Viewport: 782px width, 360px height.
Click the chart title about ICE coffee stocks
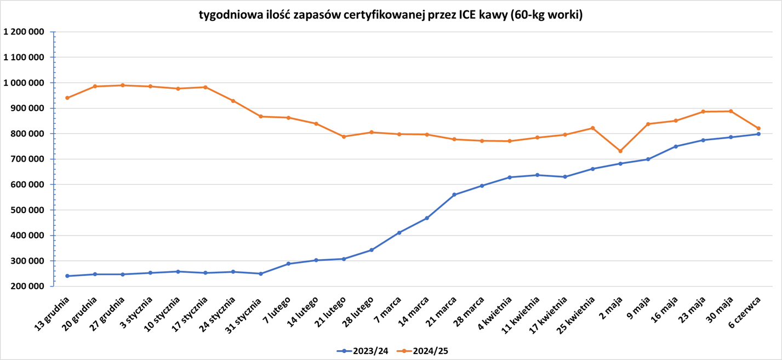coord(391,15)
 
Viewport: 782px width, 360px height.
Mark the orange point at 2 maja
coord(620,151)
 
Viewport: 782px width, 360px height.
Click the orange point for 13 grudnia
coord(67,98)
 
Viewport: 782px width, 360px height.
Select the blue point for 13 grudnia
coord(67,276)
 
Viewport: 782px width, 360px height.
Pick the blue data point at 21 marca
coord(454,195)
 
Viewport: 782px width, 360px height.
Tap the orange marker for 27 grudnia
coord(123,85)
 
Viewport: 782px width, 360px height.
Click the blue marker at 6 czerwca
coord(758,134)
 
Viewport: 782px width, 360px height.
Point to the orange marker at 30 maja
coord(731,111)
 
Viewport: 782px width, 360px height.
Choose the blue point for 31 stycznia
coord(261,273)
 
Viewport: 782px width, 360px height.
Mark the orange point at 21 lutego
coord(344,136)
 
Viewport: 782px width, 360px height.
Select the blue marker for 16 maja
coord(676,146)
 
